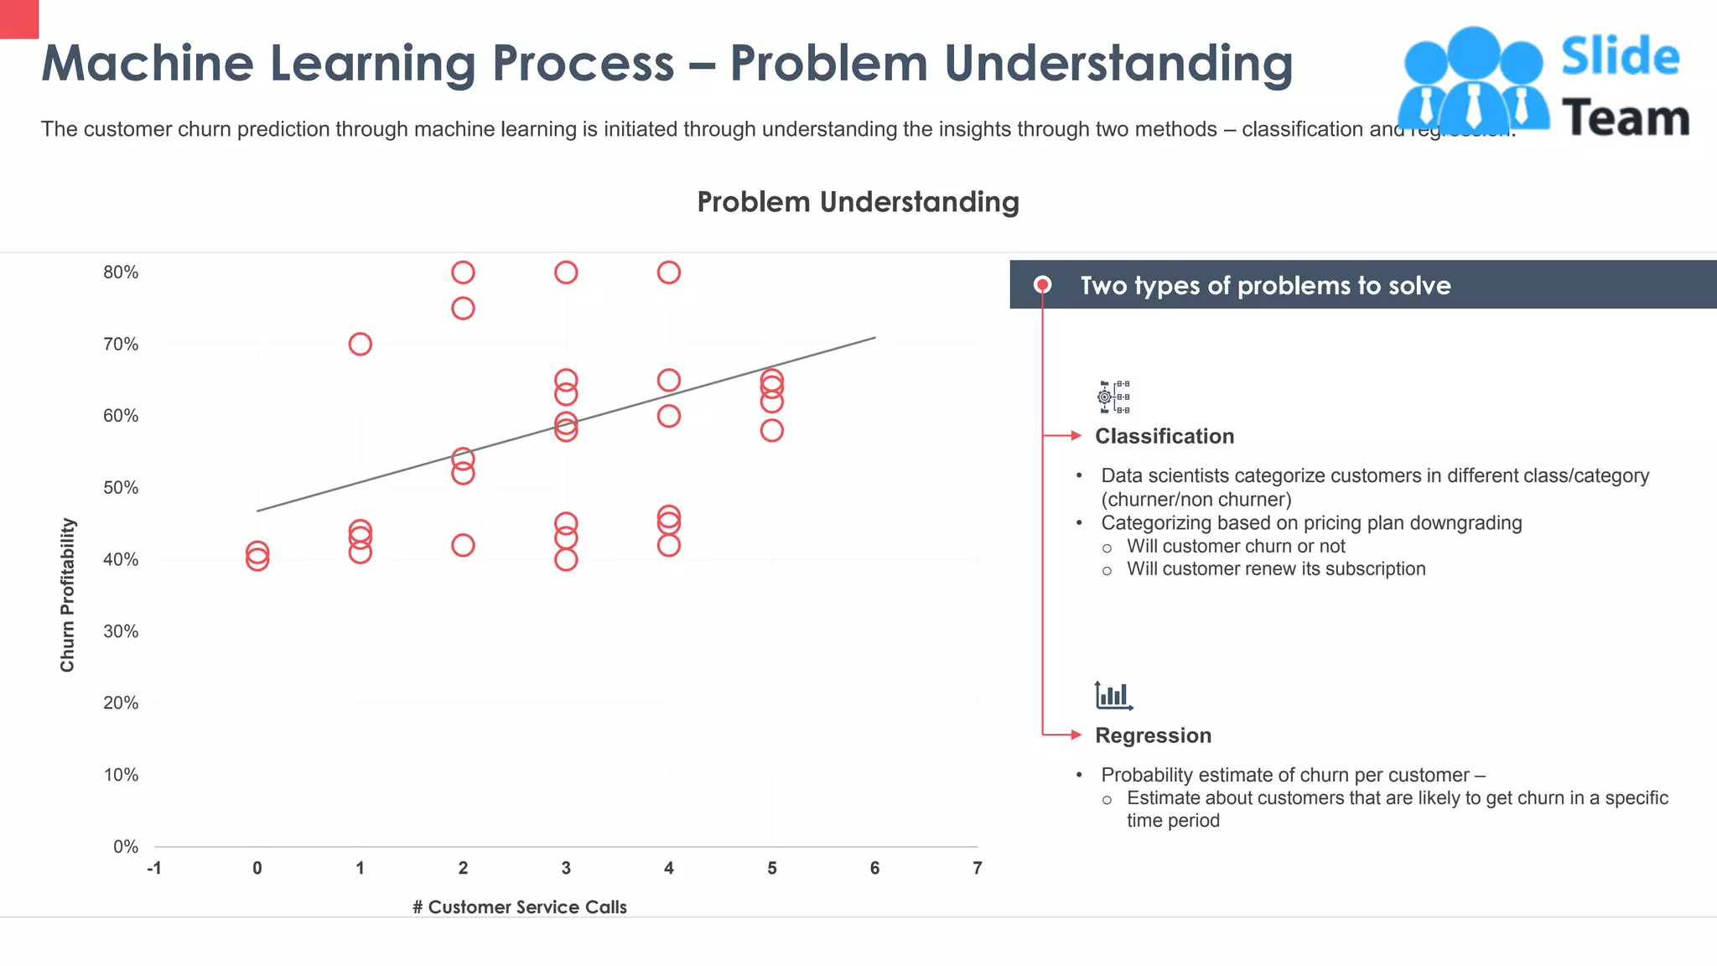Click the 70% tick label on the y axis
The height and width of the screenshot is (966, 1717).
click(121, 345)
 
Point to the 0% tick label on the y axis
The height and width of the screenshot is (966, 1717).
click(126, 847)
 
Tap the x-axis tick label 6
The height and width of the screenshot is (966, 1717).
click(874, 869)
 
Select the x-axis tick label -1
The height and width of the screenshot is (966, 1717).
click(154, 869)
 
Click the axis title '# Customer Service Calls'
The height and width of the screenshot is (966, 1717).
click(519, 907)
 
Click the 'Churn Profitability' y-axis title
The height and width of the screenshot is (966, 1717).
click(68, 595)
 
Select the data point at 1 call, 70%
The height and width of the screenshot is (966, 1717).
click(360, 345)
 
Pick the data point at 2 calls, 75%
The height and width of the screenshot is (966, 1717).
click(463, 309)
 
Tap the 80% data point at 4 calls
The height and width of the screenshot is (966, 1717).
click(668, 273)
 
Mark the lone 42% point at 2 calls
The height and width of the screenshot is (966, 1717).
click(463, 546)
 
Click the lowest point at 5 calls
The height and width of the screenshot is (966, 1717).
click(771, 431)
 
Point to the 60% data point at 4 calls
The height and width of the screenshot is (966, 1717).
click(668, 417)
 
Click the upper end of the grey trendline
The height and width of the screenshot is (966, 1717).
click(874, 338)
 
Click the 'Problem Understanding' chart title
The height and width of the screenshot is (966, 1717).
click(858, 202)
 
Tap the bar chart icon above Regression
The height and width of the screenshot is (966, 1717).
click(1113, 696)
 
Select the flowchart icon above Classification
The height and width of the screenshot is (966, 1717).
click(1113, 397)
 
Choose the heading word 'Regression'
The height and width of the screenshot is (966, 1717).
click(1153, 735)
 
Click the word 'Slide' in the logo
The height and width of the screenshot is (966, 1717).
click(1620, 57)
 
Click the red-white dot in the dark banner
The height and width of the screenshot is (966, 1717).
click(1042, 285)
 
